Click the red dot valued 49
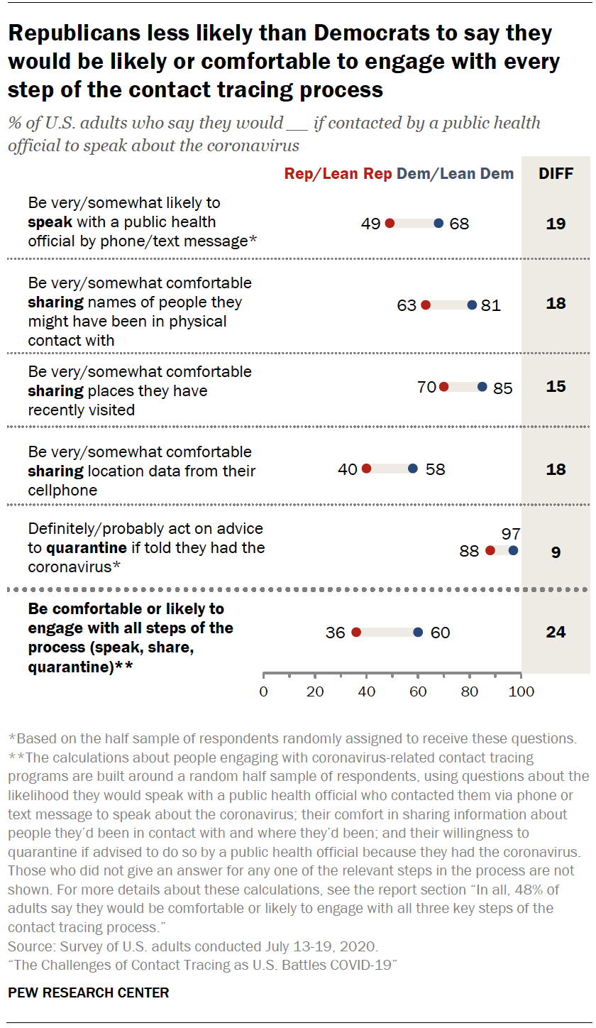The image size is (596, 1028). pos(390,223)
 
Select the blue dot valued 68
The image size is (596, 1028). pos(438,223)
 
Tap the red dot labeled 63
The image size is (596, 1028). pos(426,305)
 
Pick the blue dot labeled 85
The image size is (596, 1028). pos(482,387)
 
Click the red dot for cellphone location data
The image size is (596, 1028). pos(366,469)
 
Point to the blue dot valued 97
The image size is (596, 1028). pos(514,550)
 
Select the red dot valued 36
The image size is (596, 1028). pos(356,632)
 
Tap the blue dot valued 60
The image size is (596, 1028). pos(418,632)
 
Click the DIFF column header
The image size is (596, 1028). pos(556,173)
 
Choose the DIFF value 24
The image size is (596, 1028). pos(556,632)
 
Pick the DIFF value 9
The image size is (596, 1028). pos(556,552)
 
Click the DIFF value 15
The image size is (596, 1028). pos(556,387)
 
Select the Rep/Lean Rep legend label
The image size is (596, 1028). pos(338,173)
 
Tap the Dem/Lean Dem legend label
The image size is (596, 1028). pos(456,173)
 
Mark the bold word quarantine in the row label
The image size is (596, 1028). pos(87,548)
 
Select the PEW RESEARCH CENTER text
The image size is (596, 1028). pos(89,993)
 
